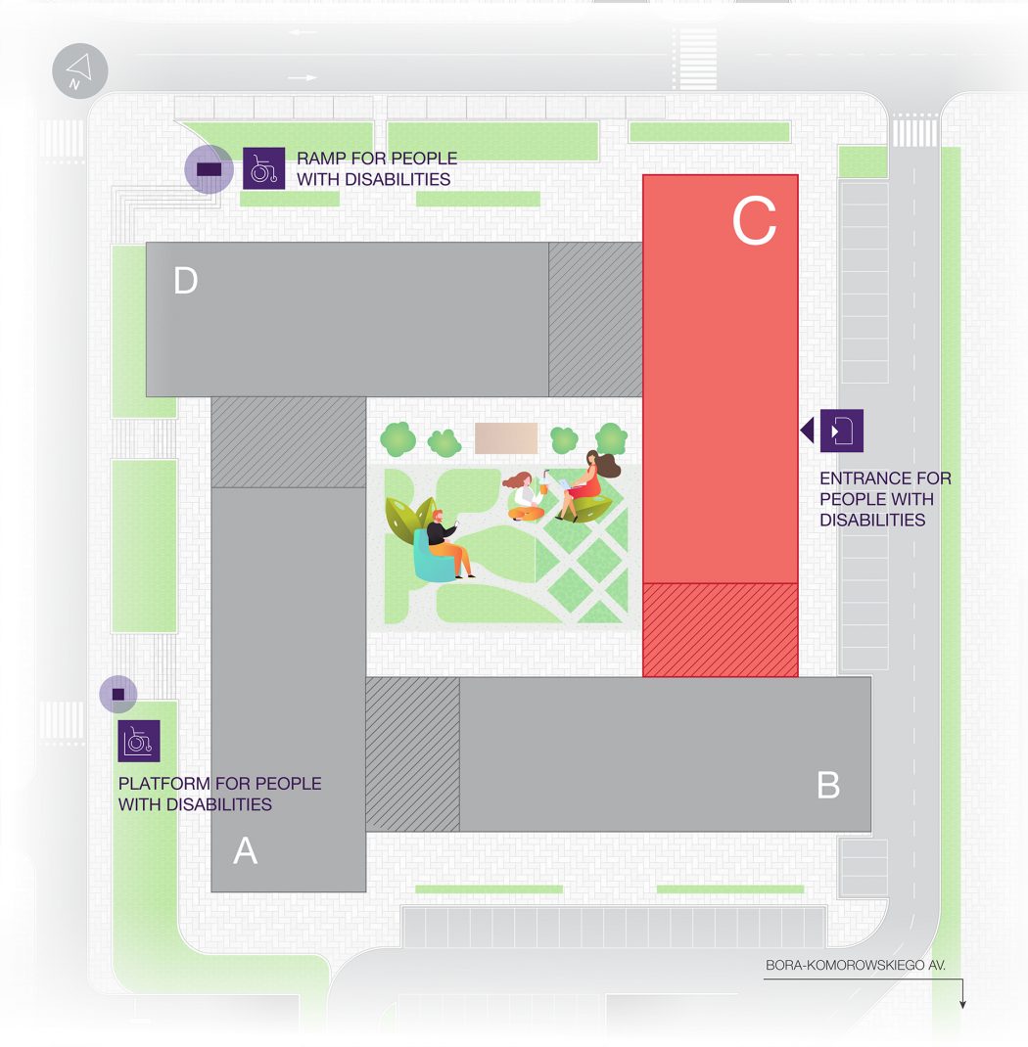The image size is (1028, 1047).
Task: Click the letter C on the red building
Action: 754,221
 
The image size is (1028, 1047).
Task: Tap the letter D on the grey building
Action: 186,281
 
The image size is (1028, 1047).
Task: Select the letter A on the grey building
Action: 245,850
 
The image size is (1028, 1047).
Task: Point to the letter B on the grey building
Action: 828,785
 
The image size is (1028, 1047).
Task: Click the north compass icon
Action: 80,70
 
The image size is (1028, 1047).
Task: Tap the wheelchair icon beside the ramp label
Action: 263,168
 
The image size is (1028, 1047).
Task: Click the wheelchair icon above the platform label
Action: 139,741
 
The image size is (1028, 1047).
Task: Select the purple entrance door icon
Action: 842,431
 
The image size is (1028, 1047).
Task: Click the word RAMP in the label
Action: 321,159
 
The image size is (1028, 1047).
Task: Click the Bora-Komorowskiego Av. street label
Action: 855,965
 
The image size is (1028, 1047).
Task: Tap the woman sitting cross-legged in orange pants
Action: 526,496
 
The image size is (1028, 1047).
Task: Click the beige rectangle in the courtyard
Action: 506,438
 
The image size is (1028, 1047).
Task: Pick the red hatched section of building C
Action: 720,630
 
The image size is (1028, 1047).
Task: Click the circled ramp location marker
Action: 210,169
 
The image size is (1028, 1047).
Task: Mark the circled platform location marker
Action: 118,695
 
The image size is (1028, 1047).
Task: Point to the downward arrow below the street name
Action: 962,993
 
